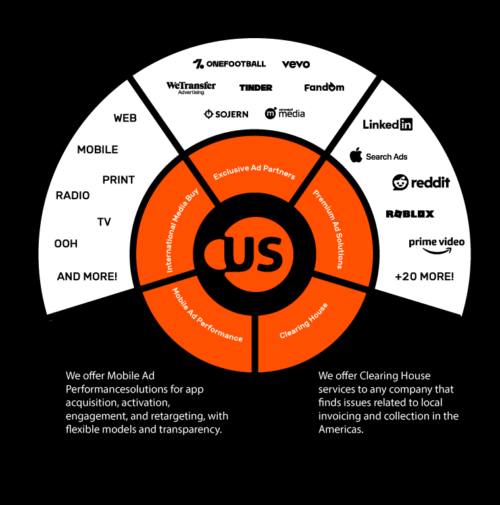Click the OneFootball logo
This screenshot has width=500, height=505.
click(230, 64)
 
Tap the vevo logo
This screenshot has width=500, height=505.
click(296, 64)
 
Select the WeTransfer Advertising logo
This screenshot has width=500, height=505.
click(191, 88)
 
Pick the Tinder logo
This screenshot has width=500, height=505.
click(256, 87)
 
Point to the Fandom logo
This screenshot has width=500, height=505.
click(324, 87)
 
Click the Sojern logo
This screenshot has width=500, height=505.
click(226, 114)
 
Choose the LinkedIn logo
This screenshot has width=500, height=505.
click(387, 124)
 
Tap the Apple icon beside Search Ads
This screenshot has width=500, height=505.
click(356, 155)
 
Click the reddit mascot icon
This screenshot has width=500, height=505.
click(400, 182)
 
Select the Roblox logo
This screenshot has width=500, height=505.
click(410, 214)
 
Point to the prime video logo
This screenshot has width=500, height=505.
click(437, 246)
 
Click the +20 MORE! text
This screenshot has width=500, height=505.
click(424, 276)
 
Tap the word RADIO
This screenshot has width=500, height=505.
click(72, 195)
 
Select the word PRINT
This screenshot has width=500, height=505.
click(118, 180)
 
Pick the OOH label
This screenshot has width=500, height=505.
click(66, 243)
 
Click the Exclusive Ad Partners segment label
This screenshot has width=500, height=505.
click(254, 172)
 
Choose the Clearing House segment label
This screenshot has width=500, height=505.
click(303, 320)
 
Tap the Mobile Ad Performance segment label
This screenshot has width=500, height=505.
click(207, 315)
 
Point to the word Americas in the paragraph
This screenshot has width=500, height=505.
click(341, 429)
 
